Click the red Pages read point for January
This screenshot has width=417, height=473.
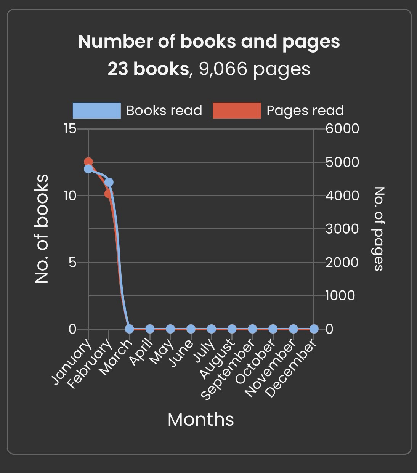(88, 162)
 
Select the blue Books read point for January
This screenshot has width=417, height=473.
(88, 169)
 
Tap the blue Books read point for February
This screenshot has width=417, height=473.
(109, 182)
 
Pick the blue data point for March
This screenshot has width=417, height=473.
(130, 329)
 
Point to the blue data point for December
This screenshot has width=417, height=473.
(314, 329)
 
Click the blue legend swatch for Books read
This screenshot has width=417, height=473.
(97, 111)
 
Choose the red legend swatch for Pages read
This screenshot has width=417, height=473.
(237, 111)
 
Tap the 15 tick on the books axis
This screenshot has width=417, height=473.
(70, 129)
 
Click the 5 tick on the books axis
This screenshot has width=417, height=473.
(72, 262)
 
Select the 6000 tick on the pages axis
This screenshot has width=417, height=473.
(342, 129)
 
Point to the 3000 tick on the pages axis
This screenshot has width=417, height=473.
(342, 229)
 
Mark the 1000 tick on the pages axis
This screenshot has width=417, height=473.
(340, 295)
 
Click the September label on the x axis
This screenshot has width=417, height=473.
(228, 370)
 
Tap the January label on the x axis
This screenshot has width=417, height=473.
(72, 361)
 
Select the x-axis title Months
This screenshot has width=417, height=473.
(200, 419)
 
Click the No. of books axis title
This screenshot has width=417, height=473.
(42, 229)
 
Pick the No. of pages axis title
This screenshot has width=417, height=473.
(378, 229)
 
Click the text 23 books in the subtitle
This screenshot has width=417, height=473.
(148, 69)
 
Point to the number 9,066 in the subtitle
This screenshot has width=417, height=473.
(223, 69)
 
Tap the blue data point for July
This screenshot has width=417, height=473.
(212, 329)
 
